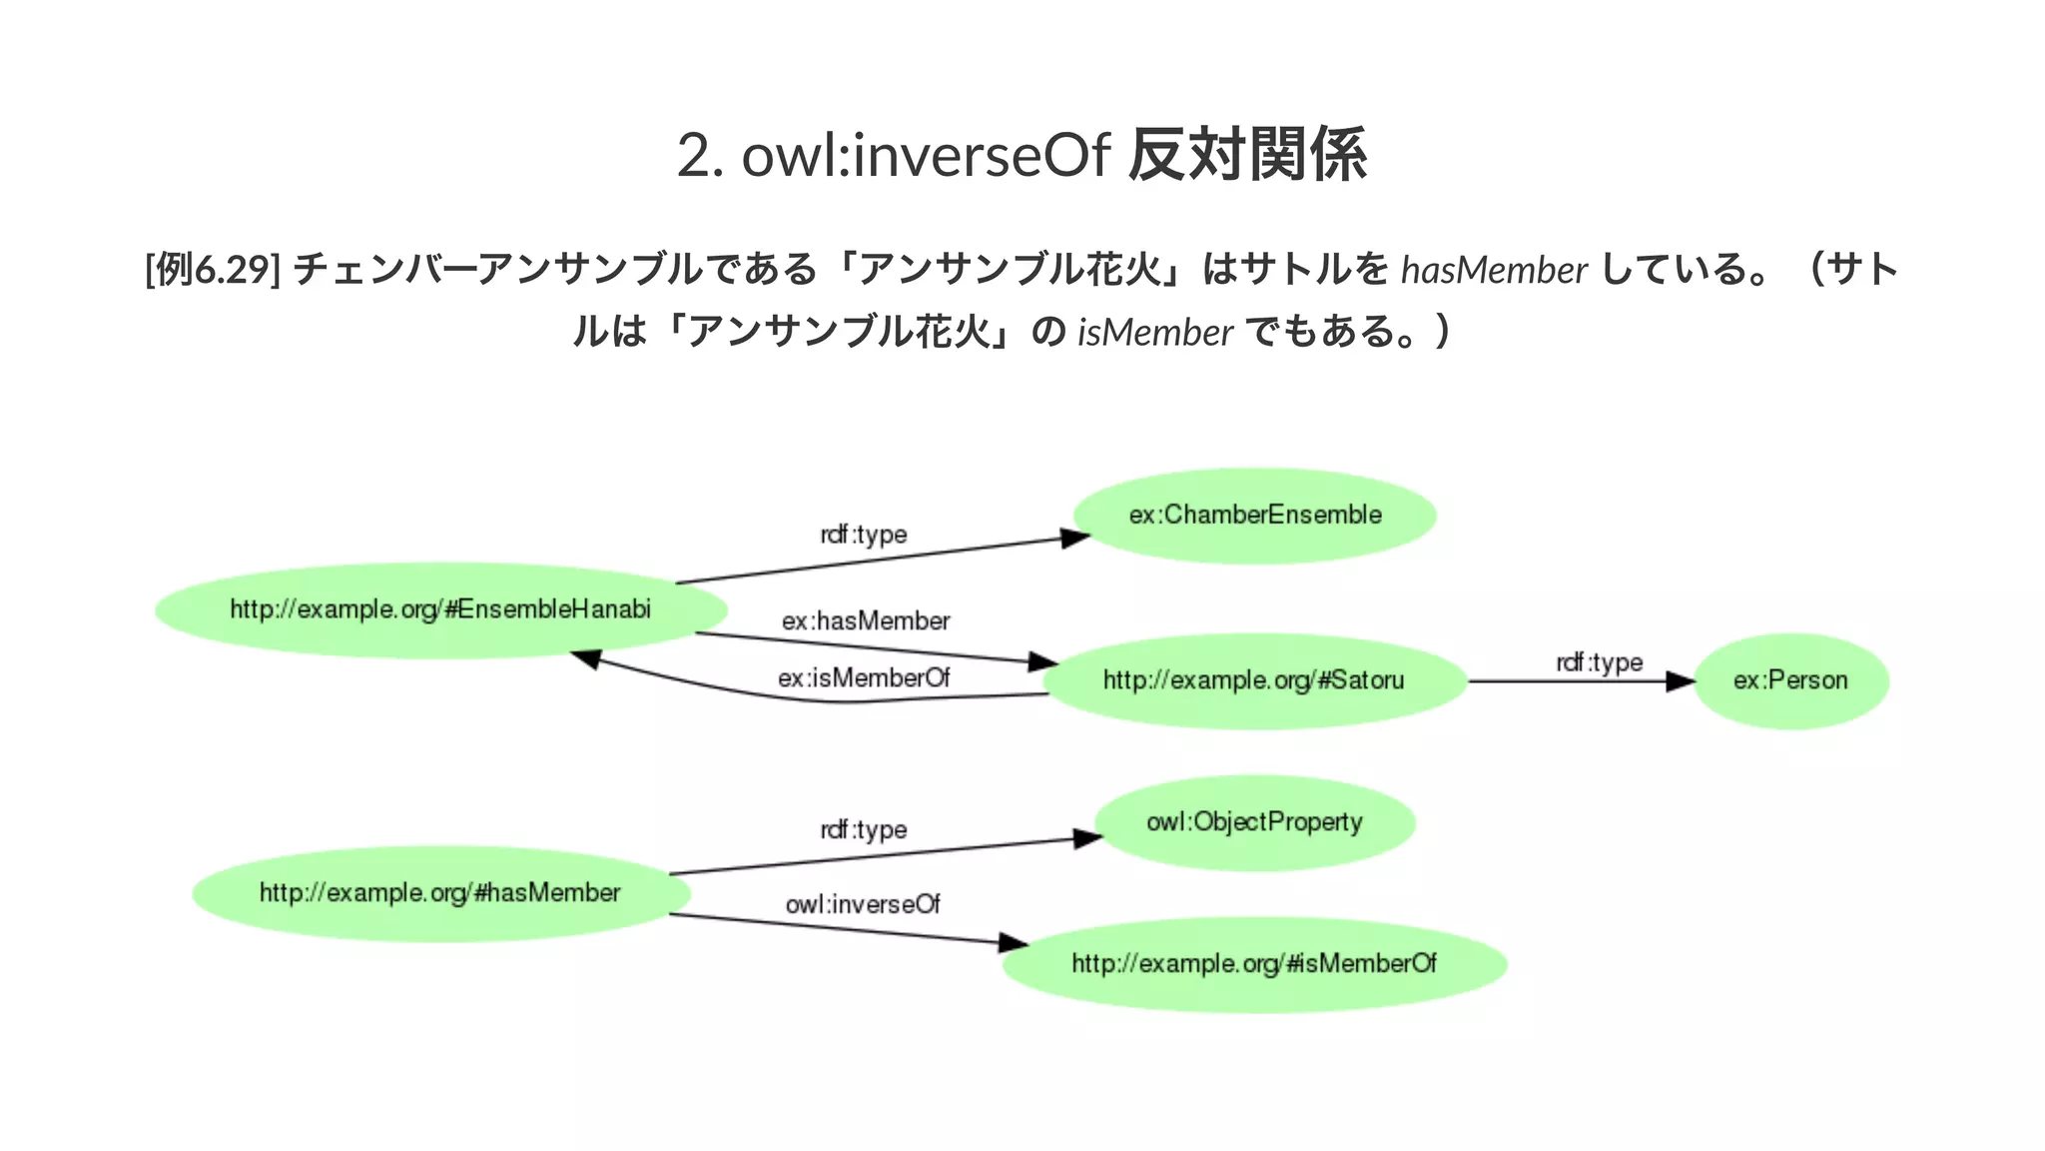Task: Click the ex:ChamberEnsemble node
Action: coord(1254,516)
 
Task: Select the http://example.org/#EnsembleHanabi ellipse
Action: coord(440,609)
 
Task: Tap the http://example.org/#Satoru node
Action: coord(1254,680)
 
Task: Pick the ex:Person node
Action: coord(1790,680)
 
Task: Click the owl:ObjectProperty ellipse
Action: coord(1254,822)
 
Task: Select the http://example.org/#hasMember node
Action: coord(440,893)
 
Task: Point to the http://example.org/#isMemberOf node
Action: coord(1254,964)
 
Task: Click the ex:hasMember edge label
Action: coord(866,621)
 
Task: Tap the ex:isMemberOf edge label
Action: coord(864,678)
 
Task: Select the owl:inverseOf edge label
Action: coord(863,904)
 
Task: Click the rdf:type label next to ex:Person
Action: coord(1599,662)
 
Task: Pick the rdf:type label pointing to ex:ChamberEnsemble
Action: coord(864,535)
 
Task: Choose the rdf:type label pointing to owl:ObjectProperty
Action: coord(864,829)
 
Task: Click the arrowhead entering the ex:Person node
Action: coord(1682,681)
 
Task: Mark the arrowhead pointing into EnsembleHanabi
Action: coord(585,658)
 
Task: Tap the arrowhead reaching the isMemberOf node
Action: coord(1014,942)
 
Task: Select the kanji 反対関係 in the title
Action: coord(1247,156)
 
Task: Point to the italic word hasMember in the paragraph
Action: coord(1494,270)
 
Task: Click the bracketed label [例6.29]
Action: coord(212,270)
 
